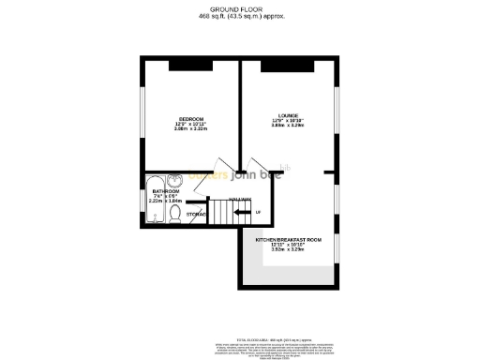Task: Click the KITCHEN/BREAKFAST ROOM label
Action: coord(289,240)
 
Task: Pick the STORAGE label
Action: coord(196,215)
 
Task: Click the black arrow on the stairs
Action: coord(242,212)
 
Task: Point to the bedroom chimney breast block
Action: coord(191,64)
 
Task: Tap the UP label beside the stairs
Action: coord(258,212)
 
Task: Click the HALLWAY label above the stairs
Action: coord(241,199)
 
